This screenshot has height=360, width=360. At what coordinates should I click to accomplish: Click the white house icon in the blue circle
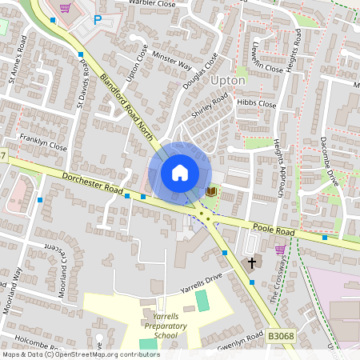[179, 172]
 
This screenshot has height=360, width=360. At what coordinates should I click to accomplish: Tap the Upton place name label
[227, 80]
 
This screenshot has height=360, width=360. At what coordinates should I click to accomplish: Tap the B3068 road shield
[281, 338]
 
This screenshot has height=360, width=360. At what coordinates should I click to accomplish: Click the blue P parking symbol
[98, 20]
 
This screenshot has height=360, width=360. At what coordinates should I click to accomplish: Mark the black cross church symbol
[252, 262]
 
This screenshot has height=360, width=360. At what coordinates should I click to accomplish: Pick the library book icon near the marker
[211, 191]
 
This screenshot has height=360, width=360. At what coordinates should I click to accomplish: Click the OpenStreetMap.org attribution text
[80, 354]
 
